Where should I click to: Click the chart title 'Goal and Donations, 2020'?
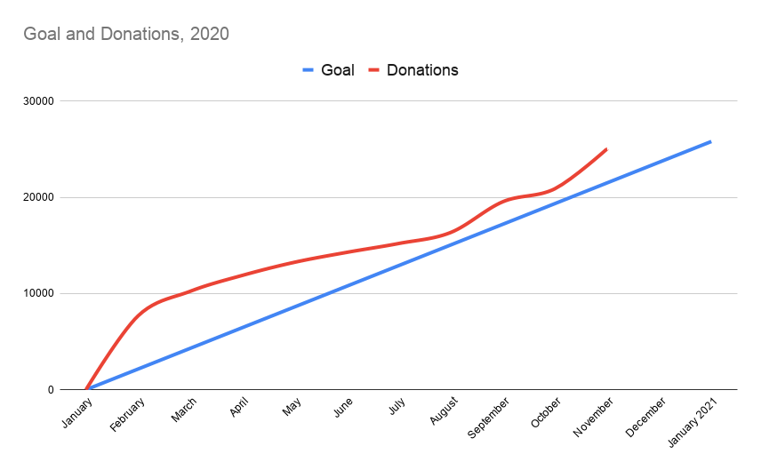(x=125, y=35)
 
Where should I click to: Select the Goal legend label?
(x=337, y=70)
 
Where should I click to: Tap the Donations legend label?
(x=422, y=70)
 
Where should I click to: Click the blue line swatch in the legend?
(x=309, y=70)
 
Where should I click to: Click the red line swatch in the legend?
(x=375, y=70)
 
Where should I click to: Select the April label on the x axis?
(x=239, y=408)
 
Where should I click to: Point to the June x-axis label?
(x=344, y=407)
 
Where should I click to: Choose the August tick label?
(x=445, y=410)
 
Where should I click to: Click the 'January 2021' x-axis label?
(x=693, y=420)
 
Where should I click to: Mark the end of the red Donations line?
(x=606, y=149)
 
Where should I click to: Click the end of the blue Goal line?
(x=710, y=141)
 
